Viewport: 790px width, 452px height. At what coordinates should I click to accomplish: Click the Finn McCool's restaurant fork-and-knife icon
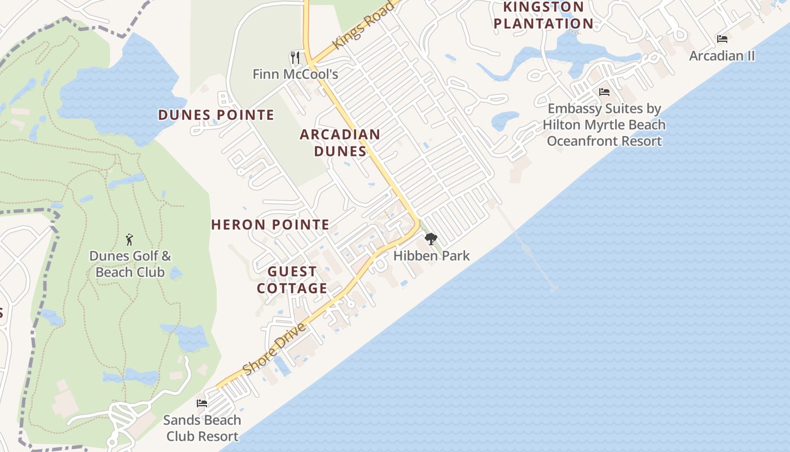coord(295,57)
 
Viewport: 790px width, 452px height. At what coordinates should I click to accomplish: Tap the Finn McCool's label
coord(295,74)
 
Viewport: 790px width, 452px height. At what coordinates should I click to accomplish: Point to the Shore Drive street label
coord(274,349)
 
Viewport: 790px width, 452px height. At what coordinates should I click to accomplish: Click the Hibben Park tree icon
coord(431,239)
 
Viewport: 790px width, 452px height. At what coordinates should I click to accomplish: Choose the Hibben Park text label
coord(431,256)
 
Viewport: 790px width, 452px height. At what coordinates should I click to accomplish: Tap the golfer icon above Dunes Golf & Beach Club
coord(129,240)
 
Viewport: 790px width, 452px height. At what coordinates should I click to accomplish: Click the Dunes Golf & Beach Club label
coord(130,264)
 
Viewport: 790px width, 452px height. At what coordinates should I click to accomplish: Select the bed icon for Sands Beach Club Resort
coord(201,403)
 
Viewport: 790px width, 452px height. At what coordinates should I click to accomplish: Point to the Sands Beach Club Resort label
coord(201,428)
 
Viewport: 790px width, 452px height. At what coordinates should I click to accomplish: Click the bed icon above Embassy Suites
coord(604,92)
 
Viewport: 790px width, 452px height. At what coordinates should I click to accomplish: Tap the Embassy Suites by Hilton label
coord(604,125)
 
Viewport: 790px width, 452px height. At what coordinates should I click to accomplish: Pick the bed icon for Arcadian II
coord(722,39)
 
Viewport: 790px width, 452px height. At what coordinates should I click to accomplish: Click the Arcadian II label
coord(722,56)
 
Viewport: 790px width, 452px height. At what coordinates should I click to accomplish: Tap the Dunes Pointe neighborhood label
coord(216,115)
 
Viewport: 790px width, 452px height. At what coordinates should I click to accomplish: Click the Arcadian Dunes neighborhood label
coord(340,143)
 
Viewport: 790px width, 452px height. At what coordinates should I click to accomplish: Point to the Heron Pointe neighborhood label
coord(270,225)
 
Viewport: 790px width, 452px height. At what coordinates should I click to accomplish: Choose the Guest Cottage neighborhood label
coord(292,280)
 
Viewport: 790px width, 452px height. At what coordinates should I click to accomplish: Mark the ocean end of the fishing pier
coord(554,289)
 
